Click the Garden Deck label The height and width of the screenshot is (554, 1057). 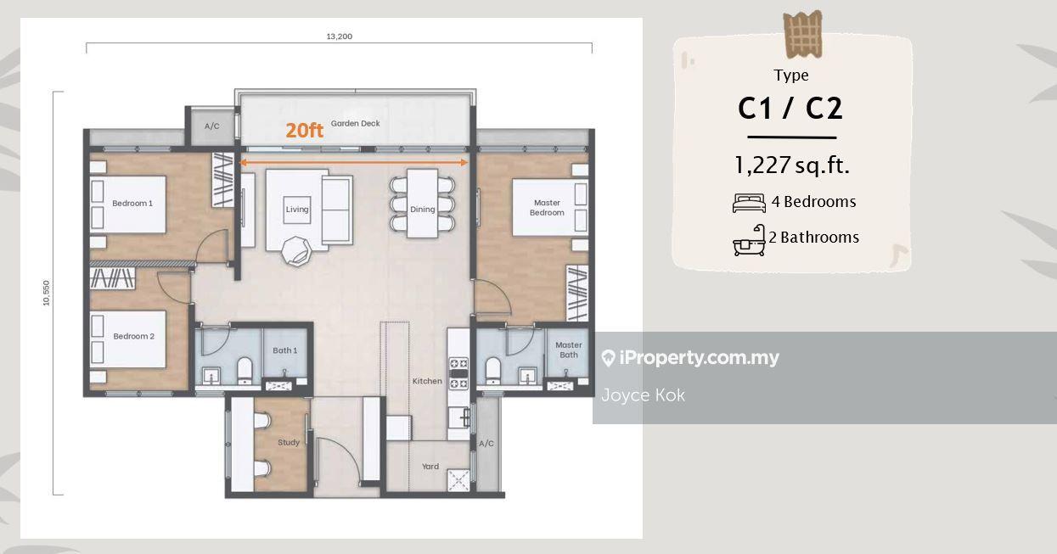[x=355, y=124]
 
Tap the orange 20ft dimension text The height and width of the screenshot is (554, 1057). [x=304, y=131]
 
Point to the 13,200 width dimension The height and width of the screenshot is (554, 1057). [x=340, y=36]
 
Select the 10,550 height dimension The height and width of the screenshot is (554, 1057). [x=46, y=293]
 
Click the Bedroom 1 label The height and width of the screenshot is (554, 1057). [x=132, y=204]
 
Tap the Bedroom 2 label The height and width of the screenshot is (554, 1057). [x=133, y=336]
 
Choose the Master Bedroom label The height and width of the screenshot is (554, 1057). [x=547, y=208]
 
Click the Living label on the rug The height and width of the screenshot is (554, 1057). [x=297, y=210]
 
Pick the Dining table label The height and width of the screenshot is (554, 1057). [x=422, y=210]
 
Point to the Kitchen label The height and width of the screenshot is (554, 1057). [x=427, y=381]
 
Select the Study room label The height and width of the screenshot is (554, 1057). [x=289, y=442]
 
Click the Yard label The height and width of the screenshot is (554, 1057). [x=430, y=467]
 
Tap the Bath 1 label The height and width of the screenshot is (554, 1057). [x=285, y=350]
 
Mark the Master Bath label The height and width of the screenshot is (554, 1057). [x=569, y=350]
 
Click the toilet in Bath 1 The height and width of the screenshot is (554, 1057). [x=245, y=371]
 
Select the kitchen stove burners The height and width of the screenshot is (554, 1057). [x=458, y=373]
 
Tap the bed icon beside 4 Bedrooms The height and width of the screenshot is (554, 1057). [x=749, y=204]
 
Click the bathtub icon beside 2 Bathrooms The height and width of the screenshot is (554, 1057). [x=749, y=240]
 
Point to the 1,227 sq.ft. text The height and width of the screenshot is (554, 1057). [x=792, y=165]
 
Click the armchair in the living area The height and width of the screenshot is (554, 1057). [x=296, y=251]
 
